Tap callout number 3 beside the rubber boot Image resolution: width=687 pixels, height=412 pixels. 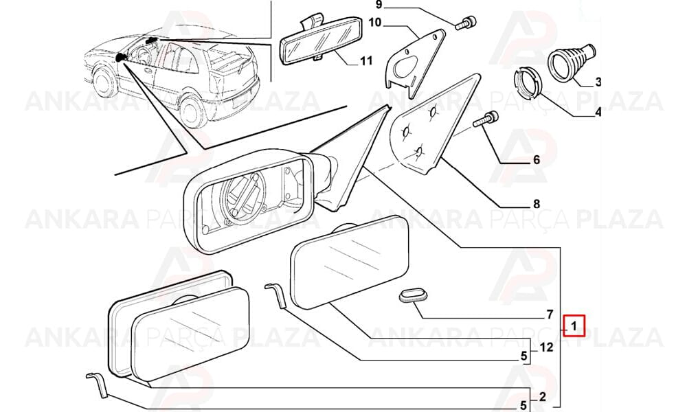[598, 82]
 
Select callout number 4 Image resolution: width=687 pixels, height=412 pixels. [598, 113]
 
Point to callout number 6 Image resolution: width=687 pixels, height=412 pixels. [537, 160]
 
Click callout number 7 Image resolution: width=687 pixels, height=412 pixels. [550, 314]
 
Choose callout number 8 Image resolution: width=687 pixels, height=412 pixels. [537, 203]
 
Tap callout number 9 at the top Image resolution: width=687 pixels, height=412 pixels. [379, 5]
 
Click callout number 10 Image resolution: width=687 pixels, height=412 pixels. [375, 22]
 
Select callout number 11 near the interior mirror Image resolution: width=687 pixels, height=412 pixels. [366, 60]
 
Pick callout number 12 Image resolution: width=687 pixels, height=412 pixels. [546, 347]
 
